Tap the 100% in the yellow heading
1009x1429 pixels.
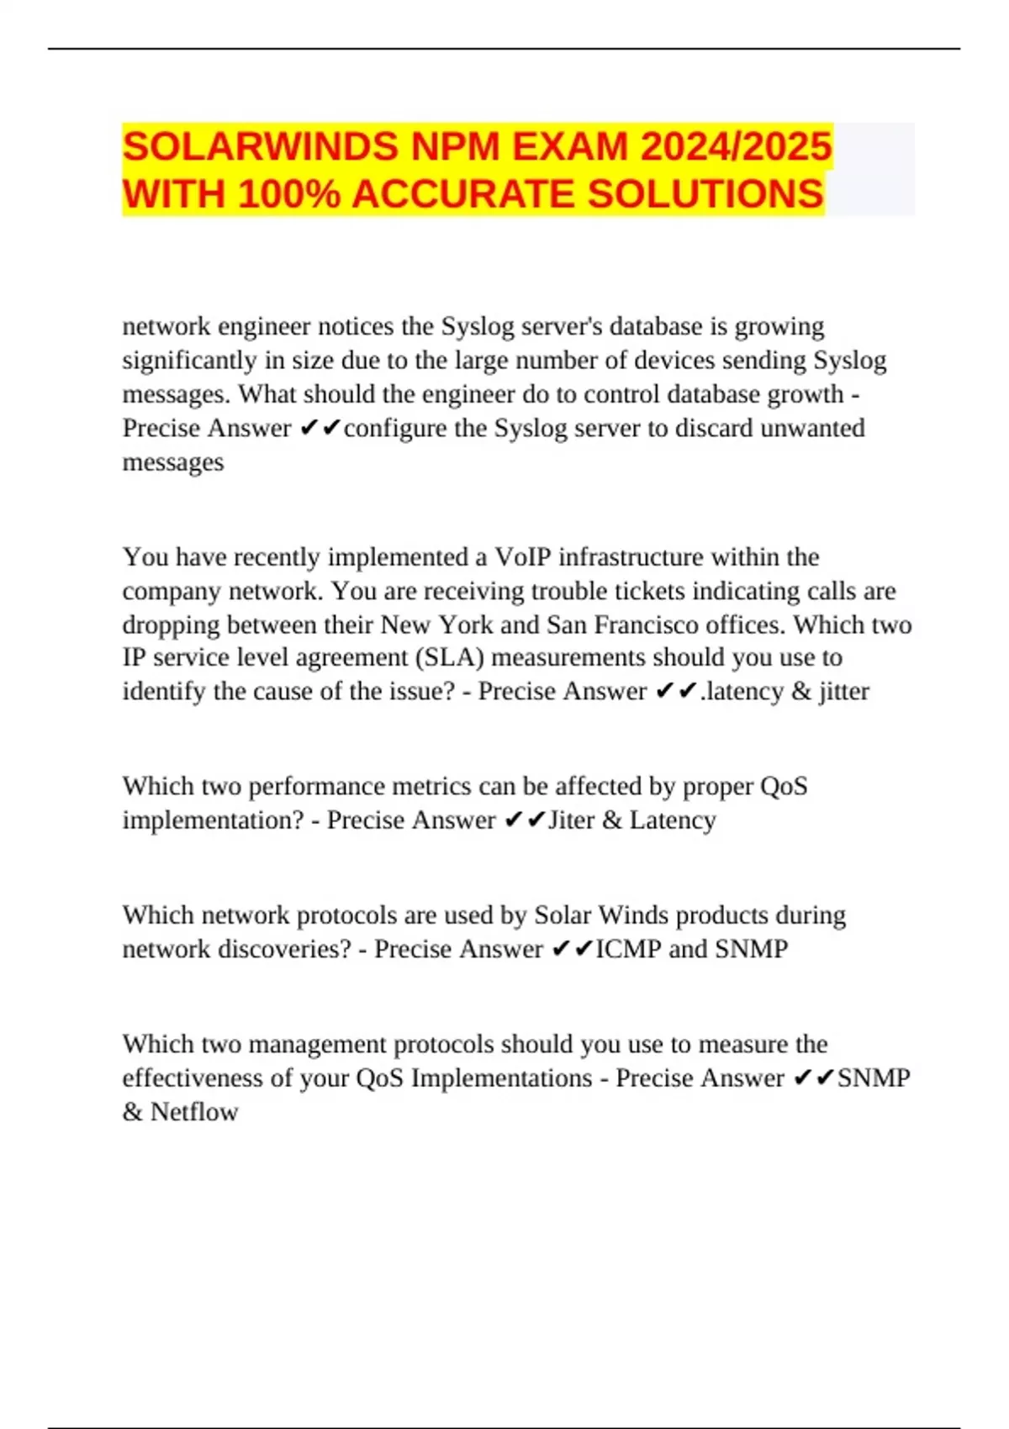[289, 195]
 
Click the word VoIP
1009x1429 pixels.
[522, 557]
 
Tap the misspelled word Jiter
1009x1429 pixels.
[571, 820]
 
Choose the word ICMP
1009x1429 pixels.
[628, 949]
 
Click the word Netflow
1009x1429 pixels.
[194, 1112]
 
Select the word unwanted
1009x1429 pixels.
[812, 429]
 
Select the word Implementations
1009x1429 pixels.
[501, 1078]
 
